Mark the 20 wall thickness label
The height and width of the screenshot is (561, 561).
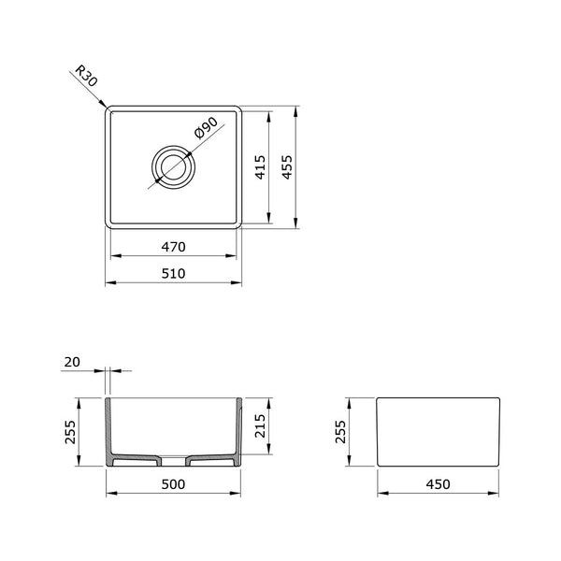pos(73,362)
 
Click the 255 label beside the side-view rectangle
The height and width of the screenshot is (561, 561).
pos(341,433)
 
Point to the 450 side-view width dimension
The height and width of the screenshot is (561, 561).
pos(439,484)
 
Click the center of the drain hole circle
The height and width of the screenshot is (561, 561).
pos(174,168)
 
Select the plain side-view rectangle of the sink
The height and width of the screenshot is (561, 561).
pos(439,433)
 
